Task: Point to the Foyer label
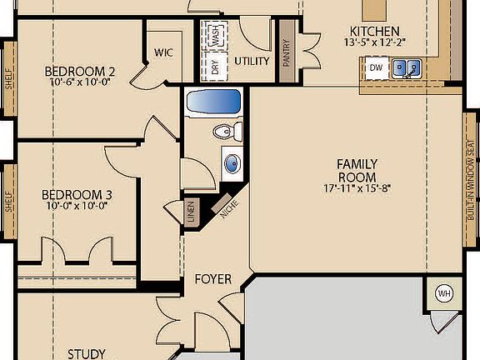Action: coord(212,279)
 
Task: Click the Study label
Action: coord(86,353)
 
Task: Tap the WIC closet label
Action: coord(163,52)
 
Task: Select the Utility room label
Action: coord(251,61)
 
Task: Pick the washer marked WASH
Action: coord(216,36)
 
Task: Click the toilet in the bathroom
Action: coord(226,132)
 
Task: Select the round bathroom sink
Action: coord(231,163)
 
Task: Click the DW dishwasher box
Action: coord(376,67)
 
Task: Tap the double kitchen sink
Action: coord(407,67)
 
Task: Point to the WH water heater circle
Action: coord(443,294)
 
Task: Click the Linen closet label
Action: coord(191,212)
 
